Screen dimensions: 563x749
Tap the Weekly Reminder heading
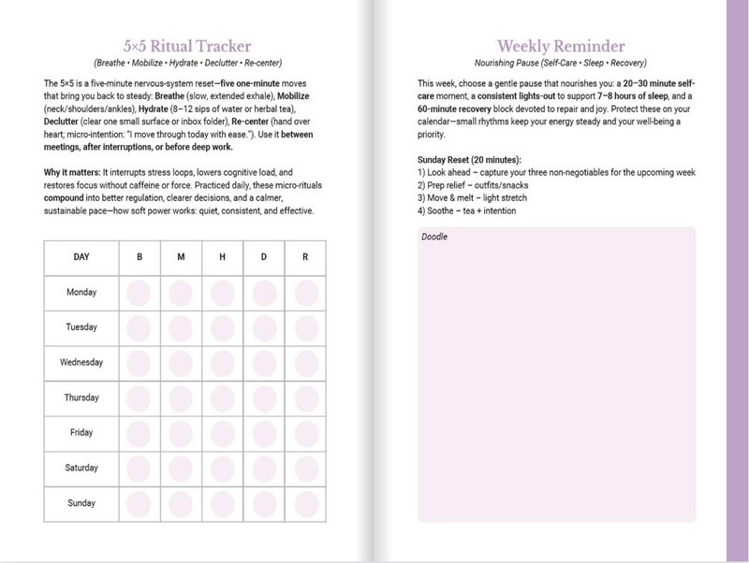tap(556, 45)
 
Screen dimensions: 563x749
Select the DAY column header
tap(82, 257)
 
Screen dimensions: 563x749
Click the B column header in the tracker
tap(139, 257)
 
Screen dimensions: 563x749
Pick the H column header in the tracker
tap(223, 257)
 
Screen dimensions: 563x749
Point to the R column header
tap(306, 257)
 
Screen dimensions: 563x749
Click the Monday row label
tap(82, 293)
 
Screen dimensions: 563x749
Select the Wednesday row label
tap(82, 363)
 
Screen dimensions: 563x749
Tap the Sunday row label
tap(82, 504)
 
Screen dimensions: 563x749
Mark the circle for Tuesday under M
tap(181, 327)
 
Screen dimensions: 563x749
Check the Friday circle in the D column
tap(264, 433)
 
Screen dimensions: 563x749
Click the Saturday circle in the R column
tap(306, 469)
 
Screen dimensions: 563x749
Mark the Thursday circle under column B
tap(139, 397)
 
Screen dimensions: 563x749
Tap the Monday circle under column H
tap(223, 293)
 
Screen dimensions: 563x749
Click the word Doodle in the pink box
tap(434, 238)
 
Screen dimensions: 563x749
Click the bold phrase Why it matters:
tap(71, 173)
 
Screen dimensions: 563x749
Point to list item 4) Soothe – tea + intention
tap(467, 210)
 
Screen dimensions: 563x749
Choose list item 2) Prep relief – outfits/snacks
tap(473, 185)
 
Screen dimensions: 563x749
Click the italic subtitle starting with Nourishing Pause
tap(556, 62)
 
